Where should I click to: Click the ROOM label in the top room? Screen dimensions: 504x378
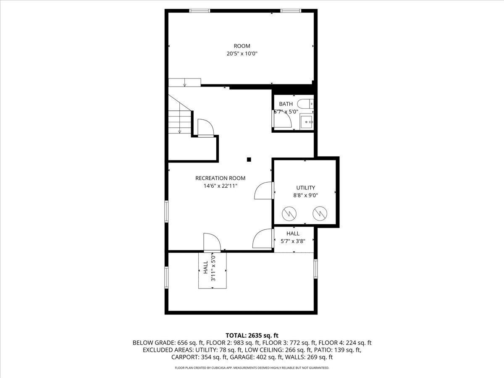point(242,46)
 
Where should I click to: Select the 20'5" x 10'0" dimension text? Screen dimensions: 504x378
point(242,54)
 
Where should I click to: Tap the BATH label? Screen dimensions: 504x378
point(286,104)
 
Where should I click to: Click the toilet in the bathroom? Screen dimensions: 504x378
point(305,104)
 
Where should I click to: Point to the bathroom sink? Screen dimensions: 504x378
point(307,122)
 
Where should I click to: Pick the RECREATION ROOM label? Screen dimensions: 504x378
point(220,178)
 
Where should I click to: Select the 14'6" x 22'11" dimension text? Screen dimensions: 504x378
point(220,186)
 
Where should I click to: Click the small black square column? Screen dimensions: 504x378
point(249,160)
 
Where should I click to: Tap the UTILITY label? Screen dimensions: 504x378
point(305,188)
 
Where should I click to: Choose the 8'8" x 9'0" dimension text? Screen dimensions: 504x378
point(305,196)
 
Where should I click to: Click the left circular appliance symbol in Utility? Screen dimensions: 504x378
point(289,213)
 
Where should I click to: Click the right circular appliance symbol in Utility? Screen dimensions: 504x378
point(320,213)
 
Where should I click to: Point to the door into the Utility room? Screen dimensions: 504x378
point(264,191)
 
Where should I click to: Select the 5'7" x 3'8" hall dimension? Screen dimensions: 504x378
point(293,241)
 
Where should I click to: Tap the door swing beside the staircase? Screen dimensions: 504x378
point(206,128)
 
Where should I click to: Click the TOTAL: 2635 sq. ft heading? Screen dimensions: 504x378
point(252,336)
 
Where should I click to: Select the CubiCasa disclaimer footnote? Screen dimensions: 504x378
point(252,368)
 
